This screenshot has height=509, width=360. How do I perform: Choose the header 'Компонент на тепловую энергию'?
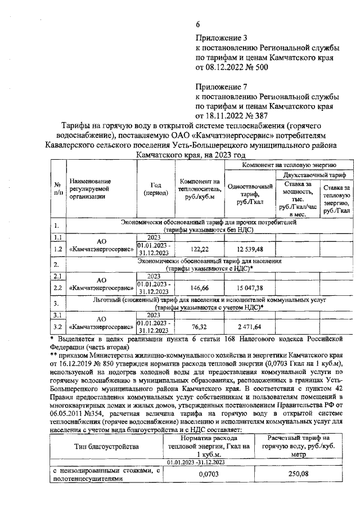coord(289,165)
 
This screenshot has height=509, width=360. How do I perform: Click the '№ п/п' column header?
coord(57,188)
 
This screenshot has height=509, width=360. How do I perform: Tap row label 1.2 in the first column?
coord(57,249)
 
